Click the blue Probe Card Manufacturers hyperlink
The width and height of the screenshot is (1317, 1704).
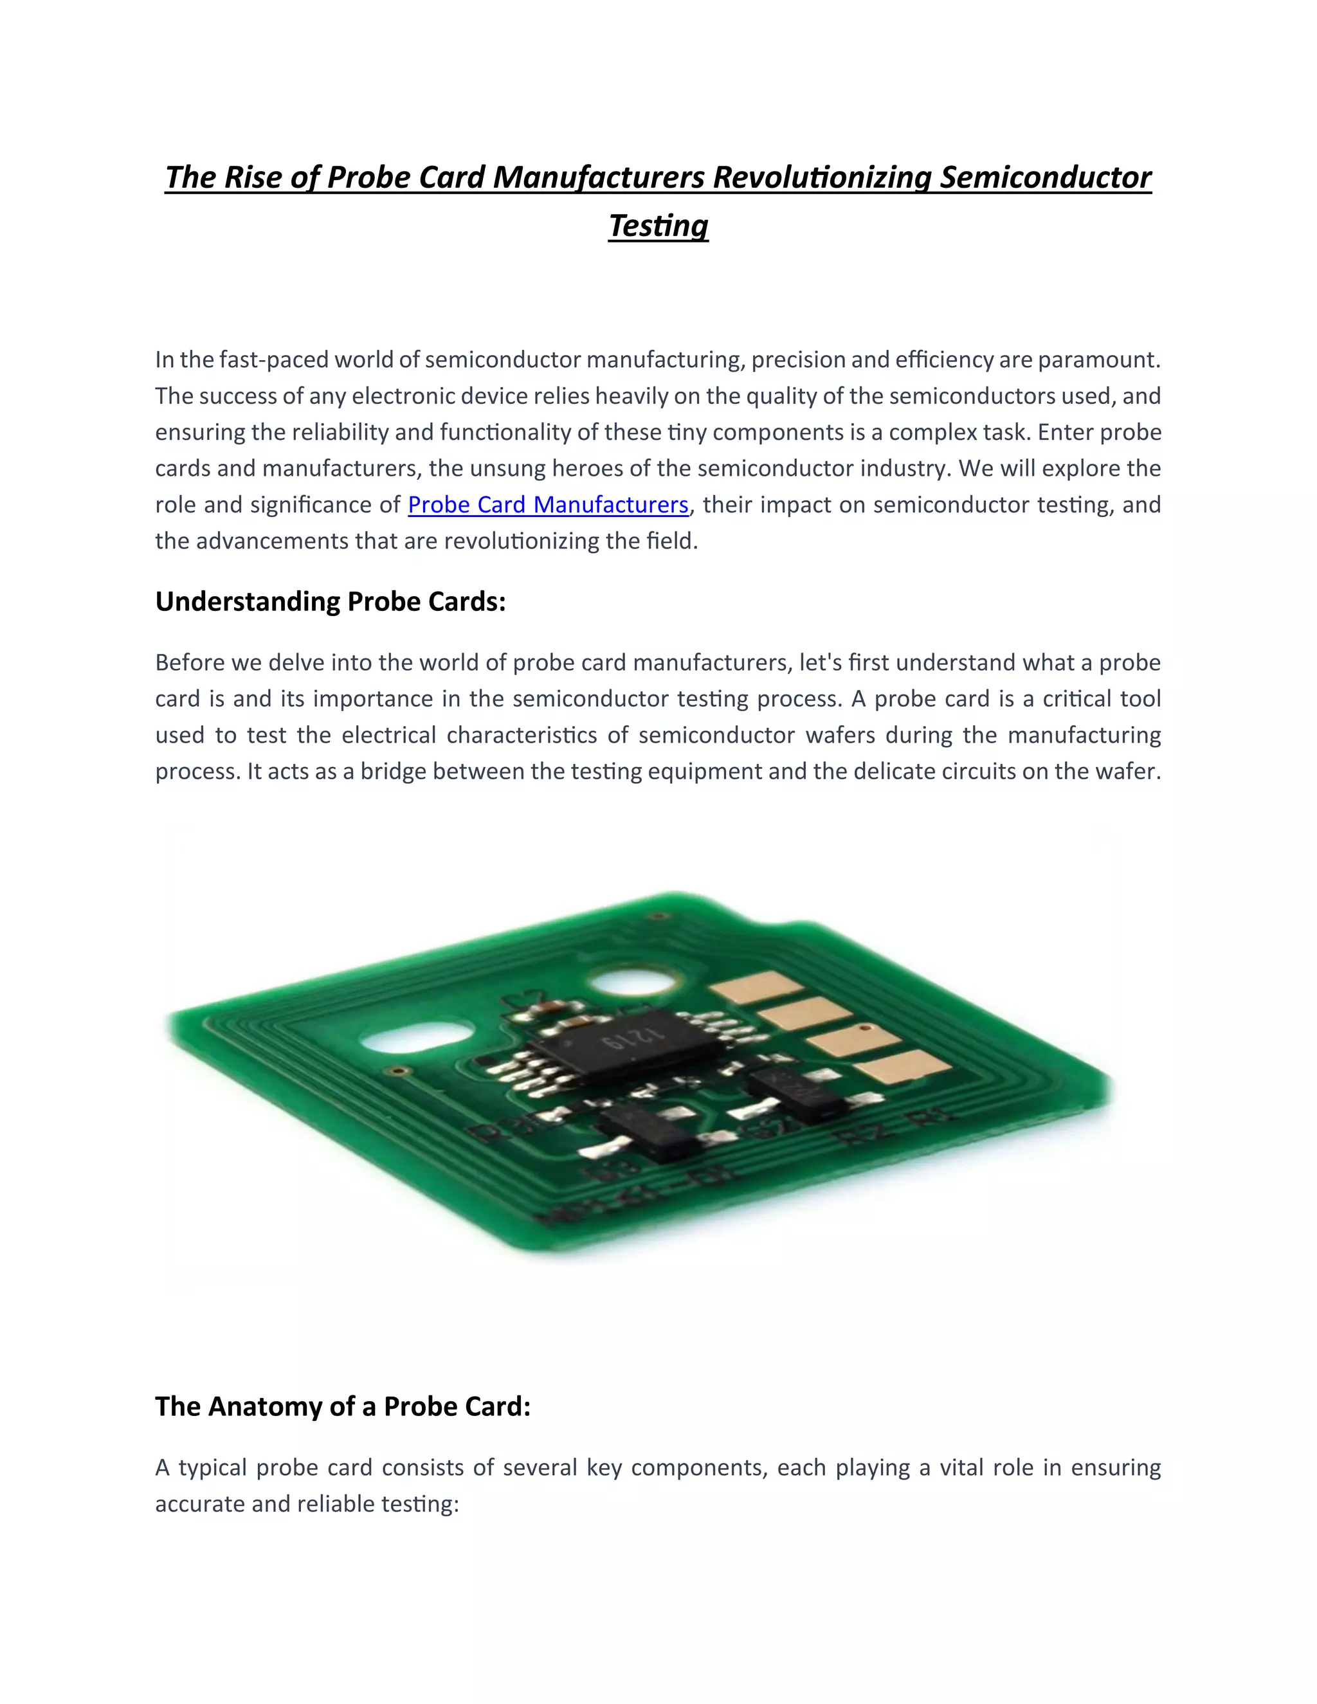[x=548, y=505]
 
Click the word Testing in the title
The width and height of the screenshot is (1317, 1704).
[x=658, y=226]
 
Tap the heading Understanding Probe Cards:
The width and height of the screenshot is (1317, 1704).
[x=330, y=602]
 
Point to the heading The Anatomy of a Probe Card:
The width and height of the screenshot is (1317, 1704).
[x=343, y=1406]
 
